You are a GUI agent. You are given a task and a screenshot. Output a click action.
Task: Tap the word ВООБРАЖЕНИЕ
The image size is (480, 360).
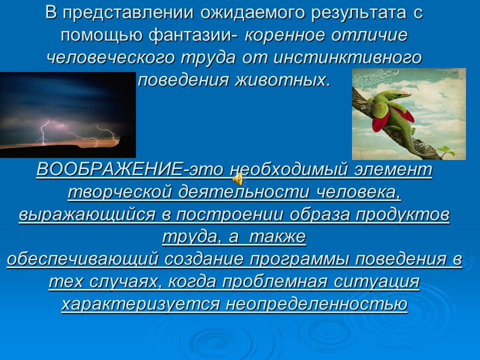click(x=109, y=170)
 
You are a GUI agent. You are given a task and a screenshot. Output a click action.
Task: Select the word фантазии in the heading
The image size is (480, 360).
click(x=201, y=35)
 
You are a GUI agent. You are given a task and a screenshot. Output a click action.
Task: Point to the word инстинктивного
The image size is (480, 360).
click(x=348, y=57)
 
